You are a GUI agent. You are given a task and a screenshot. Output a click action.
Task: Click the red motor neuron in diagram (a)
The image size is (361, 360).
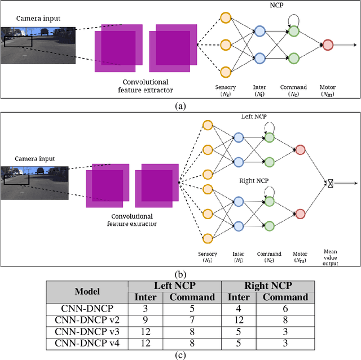point(328,44)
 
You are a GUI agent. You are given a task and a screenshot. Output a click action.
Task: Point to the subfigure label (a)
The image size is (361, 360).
point(180,105)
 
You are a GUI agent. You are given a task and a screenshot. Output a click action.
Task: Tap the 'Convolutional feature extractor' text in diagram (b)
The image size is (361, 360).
point(131,220)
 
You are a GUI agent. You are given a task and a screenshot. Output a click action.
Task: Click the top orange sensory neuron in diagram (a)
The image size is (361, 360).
point(226,17)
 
